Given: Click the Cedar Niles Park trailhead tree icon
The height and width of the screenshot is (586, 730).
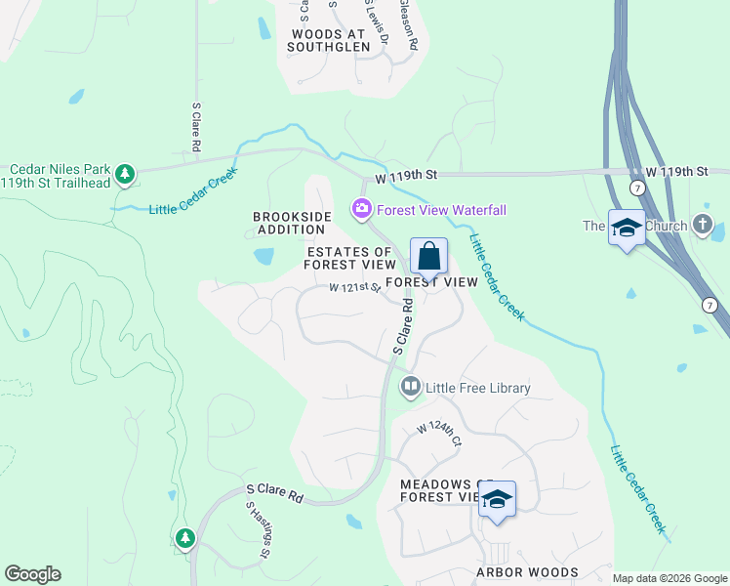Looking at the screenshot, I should (124, 174).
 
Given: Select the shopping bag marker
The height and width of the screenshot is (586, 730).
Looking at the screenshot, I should (428, 258).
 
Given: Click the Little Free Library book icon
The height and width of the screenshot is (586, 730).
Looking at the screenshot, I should (411, 388).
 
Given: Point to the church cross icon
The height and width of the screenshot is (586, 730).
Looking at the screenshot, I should (703, 225).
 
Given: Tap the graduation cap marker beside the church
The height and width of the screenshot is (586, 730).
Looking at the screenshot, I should (627, 230).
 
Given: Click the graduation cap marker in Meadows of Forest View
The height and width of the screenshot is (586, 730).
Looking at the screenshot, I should (497, 499).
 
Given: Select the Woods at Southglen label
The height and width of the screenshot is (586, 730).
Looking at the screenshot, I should (331, 39).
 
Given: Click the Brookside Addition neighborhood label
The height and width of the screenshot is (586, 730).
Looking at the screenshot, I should (293, 223).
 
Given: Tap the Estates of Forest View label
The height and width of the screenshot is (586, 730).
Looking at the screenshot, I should (350, 258).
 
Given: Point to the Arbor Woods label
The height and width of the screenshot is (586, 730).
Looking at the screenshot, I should (527, 572).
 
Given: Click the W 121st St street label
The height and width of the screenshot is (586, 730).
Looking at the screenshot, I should (354, 288).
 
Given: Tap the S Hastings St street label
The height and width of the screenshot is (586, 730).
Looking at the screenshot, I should (258, 530).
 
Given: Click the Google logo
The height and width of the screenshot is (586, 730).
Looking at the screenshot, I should (32, 574).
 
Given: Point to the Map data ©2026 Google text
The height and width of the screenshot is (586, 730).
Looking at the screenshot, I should (669, 578).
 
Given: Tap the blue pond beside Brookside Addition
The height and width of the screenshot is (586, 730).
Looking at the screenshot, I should (264, 257).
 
